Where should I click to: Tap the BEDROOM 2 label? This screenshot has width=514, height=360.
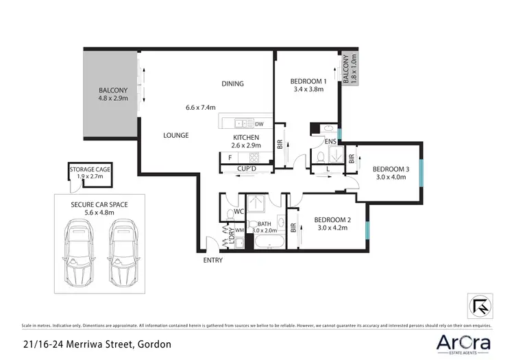point(332,220)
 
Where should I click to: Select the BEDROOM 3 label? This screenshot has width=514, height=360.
point(391,169)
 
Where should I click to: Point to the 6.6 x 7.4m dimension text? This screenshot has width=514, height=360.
point(200,108)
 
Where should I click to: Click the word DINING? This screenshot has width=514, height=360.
point(232,84)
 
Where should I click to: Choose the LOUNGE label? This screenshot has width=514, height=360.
point(175,136)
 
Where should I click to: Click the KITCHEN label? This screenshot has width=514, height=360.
point(245,138)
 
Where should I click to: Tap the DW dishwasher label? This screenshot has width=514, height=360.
point(259,124)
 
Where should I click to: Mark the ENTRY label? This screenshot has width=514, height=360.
point(213,261)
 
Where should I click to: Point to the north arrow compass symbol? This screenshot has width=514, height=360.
point(480,305)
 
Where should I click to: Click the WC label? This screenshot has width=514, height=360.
point(238,211)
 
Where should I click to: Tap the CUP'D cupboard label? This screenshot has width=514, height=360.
point(247,168)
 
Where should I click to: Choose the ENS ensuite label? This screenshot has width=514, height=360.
point(330,142)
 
